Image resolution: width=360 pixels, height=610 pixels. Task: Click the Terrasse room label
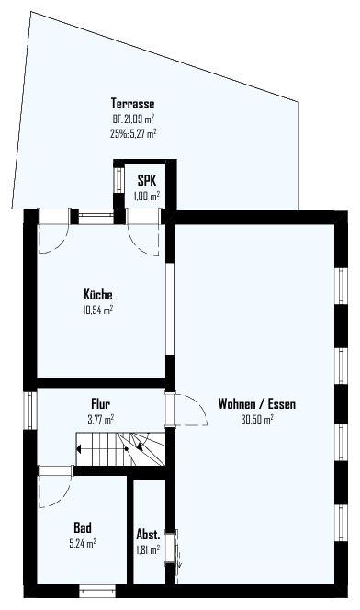[x=132, y=104]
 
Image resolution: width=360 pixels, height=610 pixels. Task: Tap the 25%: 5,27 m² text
[x=133, y=133]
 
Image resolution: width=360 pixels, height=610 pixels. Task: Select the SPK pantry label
[x=147, y=181]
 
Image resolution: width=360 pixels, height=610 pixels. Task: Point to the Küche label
[x=98, y=294]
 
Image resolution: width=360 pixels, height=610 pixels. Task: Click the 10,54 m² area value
[x=98, y=311]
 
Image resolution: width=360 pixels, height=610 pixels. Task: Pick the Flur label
[x=100, y=402]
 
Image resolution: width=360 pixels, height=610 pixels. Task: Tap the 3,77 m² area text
[x=101, y=419]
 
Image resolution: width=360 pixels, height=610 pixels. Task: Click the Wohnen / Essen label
[x=256, y=403]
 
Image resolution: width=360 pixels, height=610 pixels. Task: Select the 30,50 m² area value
[x=256, y=419]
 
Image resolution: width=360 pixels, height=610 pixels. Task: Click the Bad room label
[x=83, y=527]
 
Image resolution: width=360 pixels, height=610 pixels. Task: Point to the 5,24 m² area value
[x=83, y=544]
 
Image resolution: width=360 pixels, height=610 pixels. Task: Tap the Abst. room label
[x=148, y=534]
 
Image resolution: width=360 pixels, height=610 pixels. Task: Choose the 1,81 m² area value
[x=148, y=550]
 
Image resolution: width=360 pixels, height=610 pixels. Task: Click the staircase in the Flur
[x=120, y=448]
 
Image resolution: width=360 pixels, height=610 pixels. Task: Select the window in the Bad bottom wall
[x=97, y=591]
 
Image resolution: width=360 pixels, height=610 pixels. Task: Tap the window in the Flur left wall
[x=30, y=410]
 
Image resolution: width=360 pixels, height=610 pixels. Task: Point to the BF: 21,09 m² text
[x=133, y=119]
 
